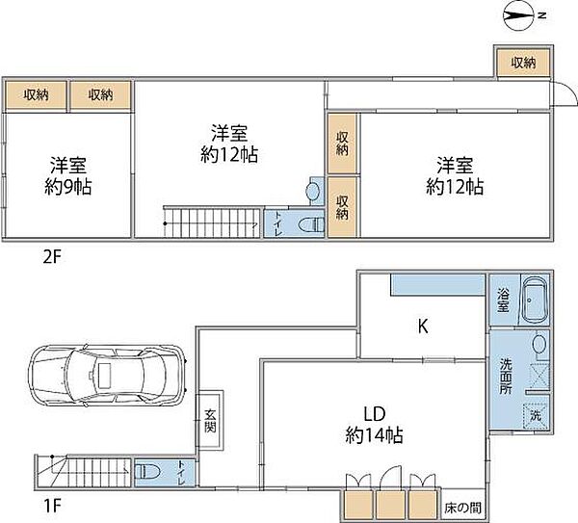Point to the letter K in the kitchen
click(x=422, y=327)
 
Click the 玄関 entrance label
click(x=211, y=422)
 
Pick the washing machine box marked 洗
click(x=536, y=416)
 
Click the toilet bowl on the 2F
click(x=310, y=223)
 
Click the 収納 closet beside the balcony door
click(x=522, y=63)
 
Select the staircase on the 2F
click(x=211, y=222)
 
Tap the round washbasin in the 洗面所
click(x=539, y=344)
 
